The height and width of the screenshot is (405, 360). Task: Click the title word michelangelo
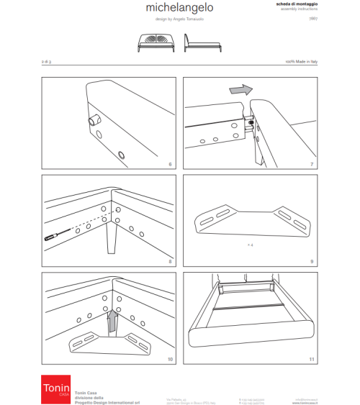[179, 8]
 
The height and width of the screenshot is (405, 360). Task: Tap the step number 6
[170, 165]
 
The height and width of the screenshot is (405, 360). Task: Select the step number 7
[311, 165]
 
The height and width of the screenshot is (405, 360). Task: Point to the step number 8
[170, 262]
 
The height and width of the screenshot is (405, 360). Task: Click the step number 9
[311, 262]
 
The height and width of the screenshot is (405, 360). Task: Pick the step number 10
[170, 358]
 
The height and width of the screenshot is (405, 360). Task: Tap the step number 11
[311, 358]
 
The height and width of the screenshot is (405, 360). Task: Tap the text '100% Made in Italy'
[302, 63]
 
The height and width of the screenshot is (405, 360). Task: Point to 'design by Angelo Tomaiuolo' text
[179, 20]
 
